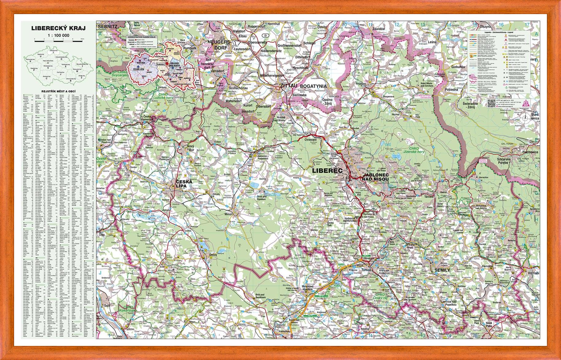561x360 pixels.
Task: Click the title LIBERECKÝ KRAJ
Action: tap(58, 28)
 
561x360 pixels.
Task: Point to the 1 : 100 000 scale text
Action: tap(58, 35)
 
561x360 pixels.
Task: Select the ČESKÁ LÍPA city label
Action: tap(183, 183)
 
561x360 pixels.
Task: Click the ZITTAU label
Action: tap(288, 86)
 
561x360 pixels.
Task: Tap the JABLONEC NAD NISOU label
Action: tap(375, 177)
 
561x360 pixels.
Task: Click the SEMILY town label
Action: tap(442, 270)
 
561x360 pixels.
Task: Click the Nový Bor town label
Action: tap(191, 148)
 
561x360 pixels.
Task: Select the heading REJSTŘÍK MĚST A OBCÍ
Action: tap(58, 91)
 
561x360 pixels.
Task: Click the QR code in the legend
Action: tap(491, 103)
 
